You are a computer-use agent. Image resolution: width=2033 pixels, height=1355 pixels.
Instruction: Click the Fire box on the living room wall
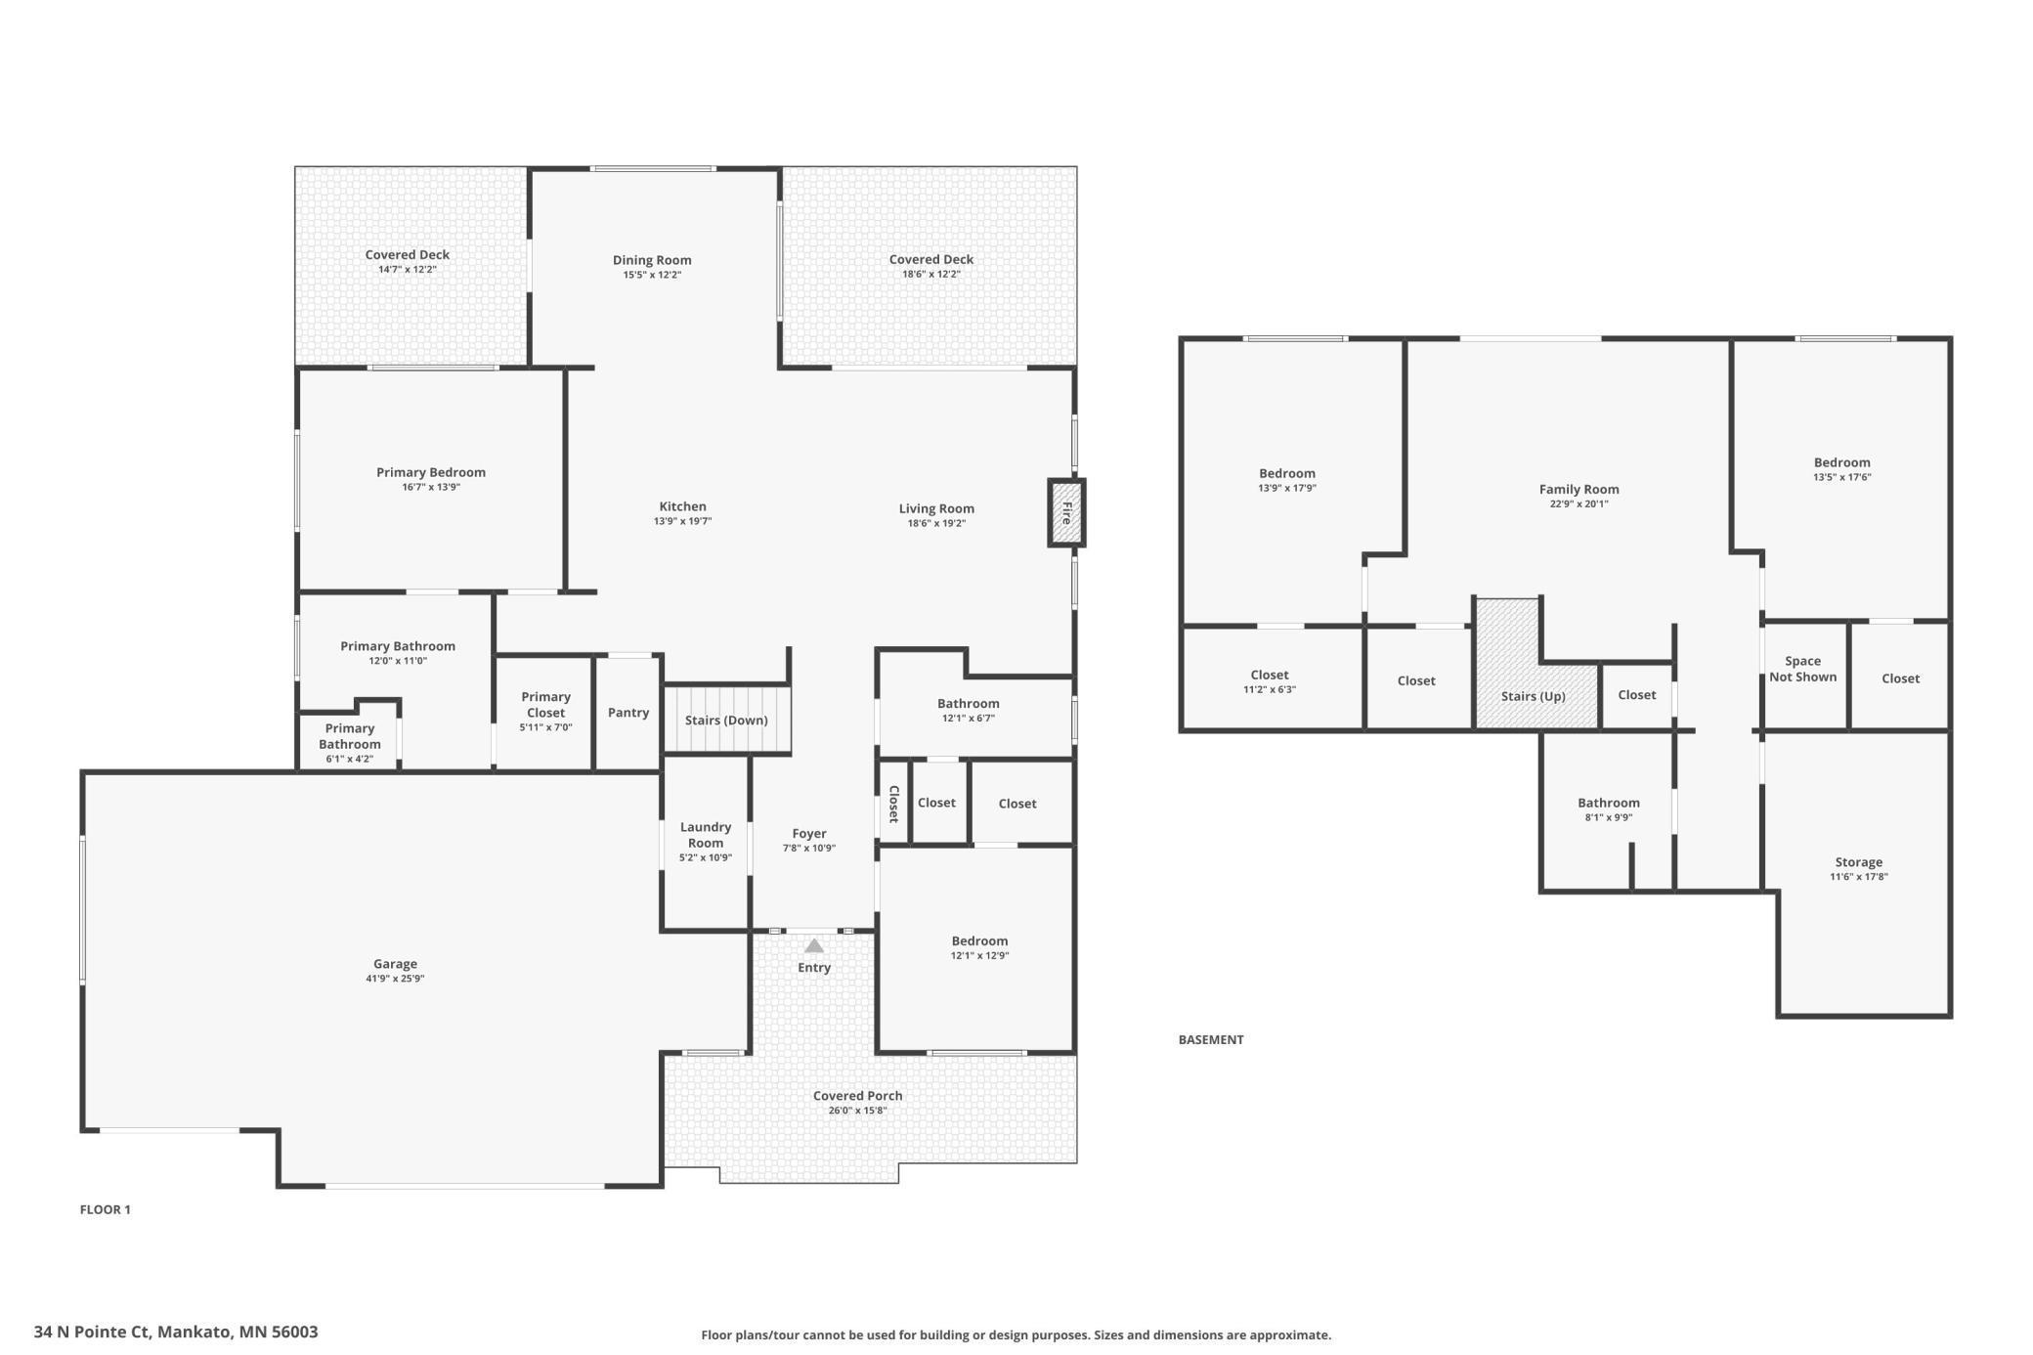point(1066,512)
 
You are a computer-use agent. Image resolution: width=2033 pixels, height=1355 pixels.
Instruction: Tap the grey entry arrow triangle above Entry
point(814,945)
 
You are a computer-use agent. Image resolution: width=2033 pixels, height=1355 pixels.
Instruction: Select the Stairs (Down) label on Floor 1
point(726,721)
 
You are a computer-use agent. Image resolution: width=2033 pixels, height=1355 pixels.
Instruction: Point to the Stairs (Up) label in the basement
point(1533,696)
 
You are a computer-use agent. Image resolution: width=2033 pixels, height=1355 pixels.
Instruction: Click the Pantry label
point(628,713)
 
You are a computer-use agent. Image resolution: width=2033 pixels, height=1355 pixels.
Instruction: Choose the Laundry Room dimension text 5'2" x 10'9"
point(706,857)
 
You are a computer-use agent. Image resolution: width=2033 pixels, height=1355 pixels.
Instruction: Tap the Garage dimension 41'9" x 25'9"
point(395,979)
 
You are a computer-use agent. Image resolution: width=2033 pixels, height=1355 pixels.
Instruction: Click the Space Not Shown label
point(1802,669)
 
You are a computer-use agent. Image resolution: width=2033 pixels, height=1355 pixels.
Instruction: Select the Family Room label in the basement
point(1579,489)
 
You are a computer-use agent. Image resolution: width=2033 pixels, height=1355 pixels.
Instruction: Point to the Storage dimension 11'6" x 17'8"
point(1858,877)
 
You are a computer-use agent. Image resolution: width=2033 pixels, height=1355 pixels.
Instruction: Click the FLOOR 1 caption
point(106,1209)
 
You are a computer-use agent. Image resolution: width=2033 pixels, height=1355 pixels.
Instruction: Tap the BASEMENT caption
point(1211,1039)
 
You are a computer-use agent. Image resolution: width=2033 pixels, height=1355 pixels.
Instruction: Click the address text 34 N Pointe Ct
point(93,1332)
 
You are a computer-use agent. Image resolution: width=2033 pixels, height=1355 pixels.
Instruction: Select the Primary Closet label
point(545,705)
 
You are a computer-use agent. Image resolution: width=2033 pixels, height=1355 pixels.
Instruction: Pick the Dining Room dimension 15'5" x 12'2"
point(652,275)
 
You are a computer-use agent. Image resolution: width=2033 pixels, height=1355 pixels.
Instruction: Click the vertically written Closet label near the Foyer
point(893,804)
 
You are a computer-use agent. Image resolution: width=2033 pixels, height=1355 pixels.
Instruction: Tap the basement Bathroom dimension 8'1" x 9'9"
point(1608,817)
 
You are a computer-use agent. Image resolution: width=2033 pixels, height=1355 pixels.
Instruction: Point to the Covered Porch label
point(857,1096)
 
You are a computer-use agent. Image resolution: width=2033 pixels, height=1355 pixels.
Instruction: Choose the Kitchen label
point(682,506)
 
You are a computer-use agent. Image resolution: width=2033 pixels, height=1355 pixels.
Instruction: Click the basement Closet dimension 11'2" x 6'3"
point(1269,689)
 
